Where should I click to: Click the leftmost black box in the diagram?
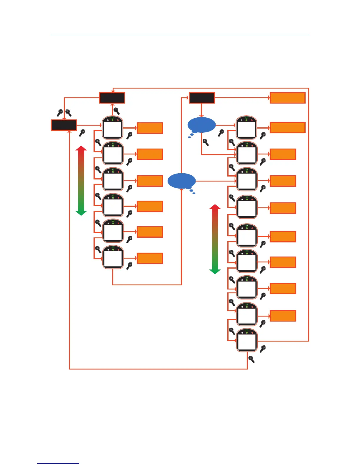pyautogui.click(x=64, y=125)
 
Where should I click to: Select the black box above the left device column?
pyautogui.click(x=112, y=98)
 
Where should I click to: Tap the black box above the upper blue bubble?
pyautogui.click(x=201, y=98)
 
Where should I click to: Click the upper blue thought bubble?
pyautogui.click(x=201, y=125)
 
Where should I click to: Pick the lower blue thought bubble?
pyautogui.click(x=181, y=181)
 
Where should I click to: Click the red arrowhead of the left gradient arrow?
pyautogui.click(x=81, y=149)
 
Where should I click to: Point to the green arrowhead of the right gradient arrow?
pyautogui.click(x=215, y=271)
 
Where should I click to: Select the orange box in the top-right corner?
pyautogui.click(x=287, y=98)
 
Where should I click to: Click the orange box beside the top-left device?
pyautogui.click(x=150, y=128)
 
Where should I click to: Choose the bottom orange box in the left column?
pyautogui.click(x=150, y=258)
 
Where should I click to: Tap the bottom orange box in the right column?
pyautogui.click(x=283, y=316)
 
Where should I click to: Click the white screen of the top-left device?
pyautogui.click(x=113, y=129)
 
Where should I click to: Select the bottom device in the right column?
pyautogui.click(x=247, y=340)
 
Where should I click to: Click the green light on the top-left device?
pyautogui.click(x=113, y=120)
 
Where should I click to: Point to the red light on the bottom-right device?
pyautogui.click(x=252, y=333)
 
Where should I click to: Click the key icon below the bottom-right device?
pyautogui.click(x=251, y=359)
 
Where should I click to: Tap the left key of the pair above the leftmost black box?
pyautogui.click(x=60, y=113)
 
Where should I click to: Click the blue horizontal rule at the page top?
pyautogui.click(x=180, y=35)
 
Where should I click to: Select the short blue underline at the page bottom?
pyautogui.click(x=58, y=463)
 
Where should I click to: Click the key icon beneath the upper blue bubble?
pyautogui.click(x=206, y=143)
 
